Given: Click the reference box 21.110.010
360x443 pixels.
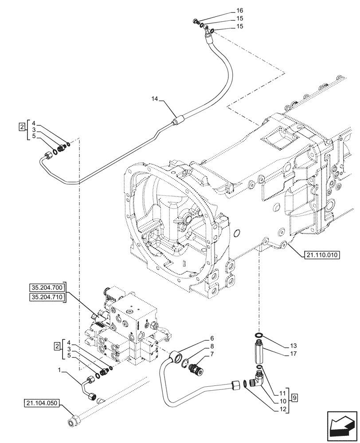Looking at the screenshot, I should (x=321, y=255).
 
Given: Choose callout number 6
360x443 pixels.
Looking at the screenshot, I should (x=212, y=338).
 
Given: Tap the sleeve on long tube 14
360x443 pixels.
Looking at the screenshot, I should (x=180, y=120).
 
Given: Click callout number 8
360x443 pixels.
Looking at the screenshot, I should (x=212, y=346).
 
